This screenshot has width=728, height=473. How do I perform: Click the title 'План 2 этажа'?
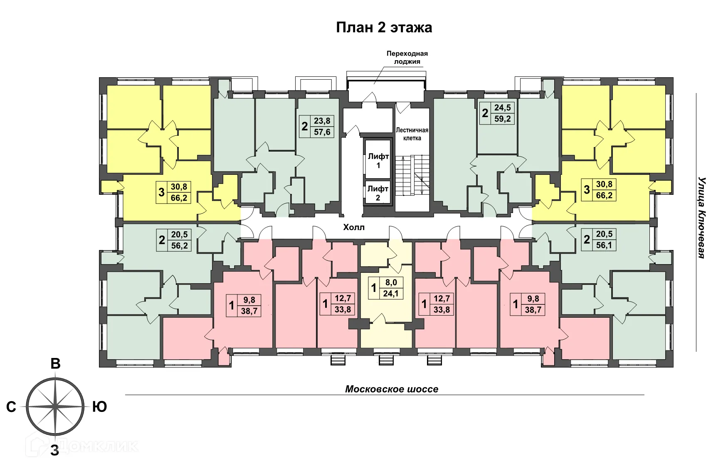click(384, 27)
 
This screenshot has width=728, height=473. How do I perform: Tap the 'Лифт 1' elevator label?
click(378, 161)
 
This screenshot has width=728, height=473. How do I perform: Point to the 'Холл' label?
click(354, 227)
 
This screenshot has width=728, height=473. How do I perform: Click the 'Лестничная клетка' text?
click(412, 134)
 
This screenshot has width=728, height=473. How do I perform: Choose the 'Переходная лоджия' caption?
click(407, 58)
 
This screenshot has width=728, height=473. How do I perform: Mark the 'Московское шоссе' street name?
click(392, 389)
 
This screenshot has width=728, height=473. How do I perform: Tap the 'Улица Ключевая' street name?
click(702, 218)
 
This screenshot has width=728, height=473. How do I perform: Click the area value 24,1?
click(391, 294)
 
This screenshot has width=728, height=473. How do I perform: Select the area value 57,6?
click(322, 132)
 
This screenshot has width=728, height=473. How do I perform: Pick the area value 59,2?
click(502, 119)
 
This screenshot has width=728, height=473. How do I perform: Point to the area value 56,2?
click(179, 245)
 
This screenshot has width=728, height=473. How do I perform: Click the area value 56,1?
click(604, 245)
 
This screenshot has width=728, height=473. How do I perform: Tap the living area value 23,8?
click(322, 121)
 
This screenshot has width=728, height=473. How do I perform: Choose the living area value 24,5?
click(502, 108)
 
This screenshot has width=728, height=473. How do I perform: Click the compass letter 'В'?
click(55, 364)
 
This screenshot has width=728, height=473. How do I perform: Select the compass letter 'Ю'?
click(99, 407)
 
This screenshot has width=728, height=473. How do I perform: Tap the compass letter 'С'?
click(11, 407)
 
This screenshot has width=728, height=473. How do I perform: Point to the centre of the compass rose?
click(55, 407)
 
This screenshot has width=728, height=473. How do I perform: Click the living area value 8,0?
click(391, 282)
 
